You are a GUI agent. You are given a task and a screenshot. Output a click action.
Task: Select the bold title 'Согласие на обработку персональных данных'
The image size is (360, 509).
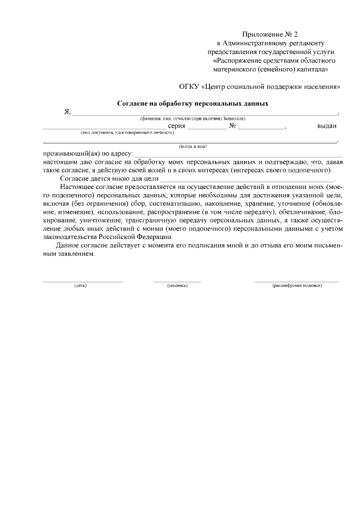click(192, 103)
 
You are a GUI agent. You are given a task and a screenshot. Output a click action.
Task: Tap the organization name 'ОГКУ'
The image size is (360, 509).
click(189, 87)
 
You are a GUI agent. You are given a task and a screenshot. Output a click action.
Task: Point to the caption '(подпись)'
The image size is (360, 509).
click(177, 286)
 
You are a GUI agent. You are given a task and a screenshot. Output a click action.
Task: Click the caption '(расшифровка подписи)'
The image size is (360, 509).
click(296, 286)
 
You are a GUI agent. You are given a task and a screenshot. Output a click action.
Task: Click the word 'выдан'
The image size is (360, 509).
click(327, 127)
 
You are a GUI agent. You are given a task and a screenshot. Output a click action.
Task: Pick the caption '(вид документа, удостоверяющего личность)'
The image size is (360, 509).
click(127, 132)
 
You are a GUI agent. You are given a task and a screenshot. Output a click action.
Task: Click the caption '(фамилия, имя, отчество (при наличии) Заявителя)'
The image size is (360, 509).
click(193, 119)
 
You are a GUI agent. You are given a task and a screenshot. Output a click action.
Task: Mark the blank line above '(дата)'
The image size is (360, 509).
click(83, 281)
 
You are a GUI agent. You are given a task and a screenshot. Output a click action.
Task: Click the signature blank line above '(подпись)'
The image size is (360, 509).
click(177, 281)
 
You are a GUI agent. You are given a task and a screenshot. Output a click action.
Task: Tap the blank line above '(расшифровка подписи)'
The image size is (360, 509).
click(296, 281)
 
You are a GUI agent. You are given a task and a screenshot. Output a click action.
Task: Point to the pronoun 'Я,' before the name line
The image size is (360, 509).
click(67, 112)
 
